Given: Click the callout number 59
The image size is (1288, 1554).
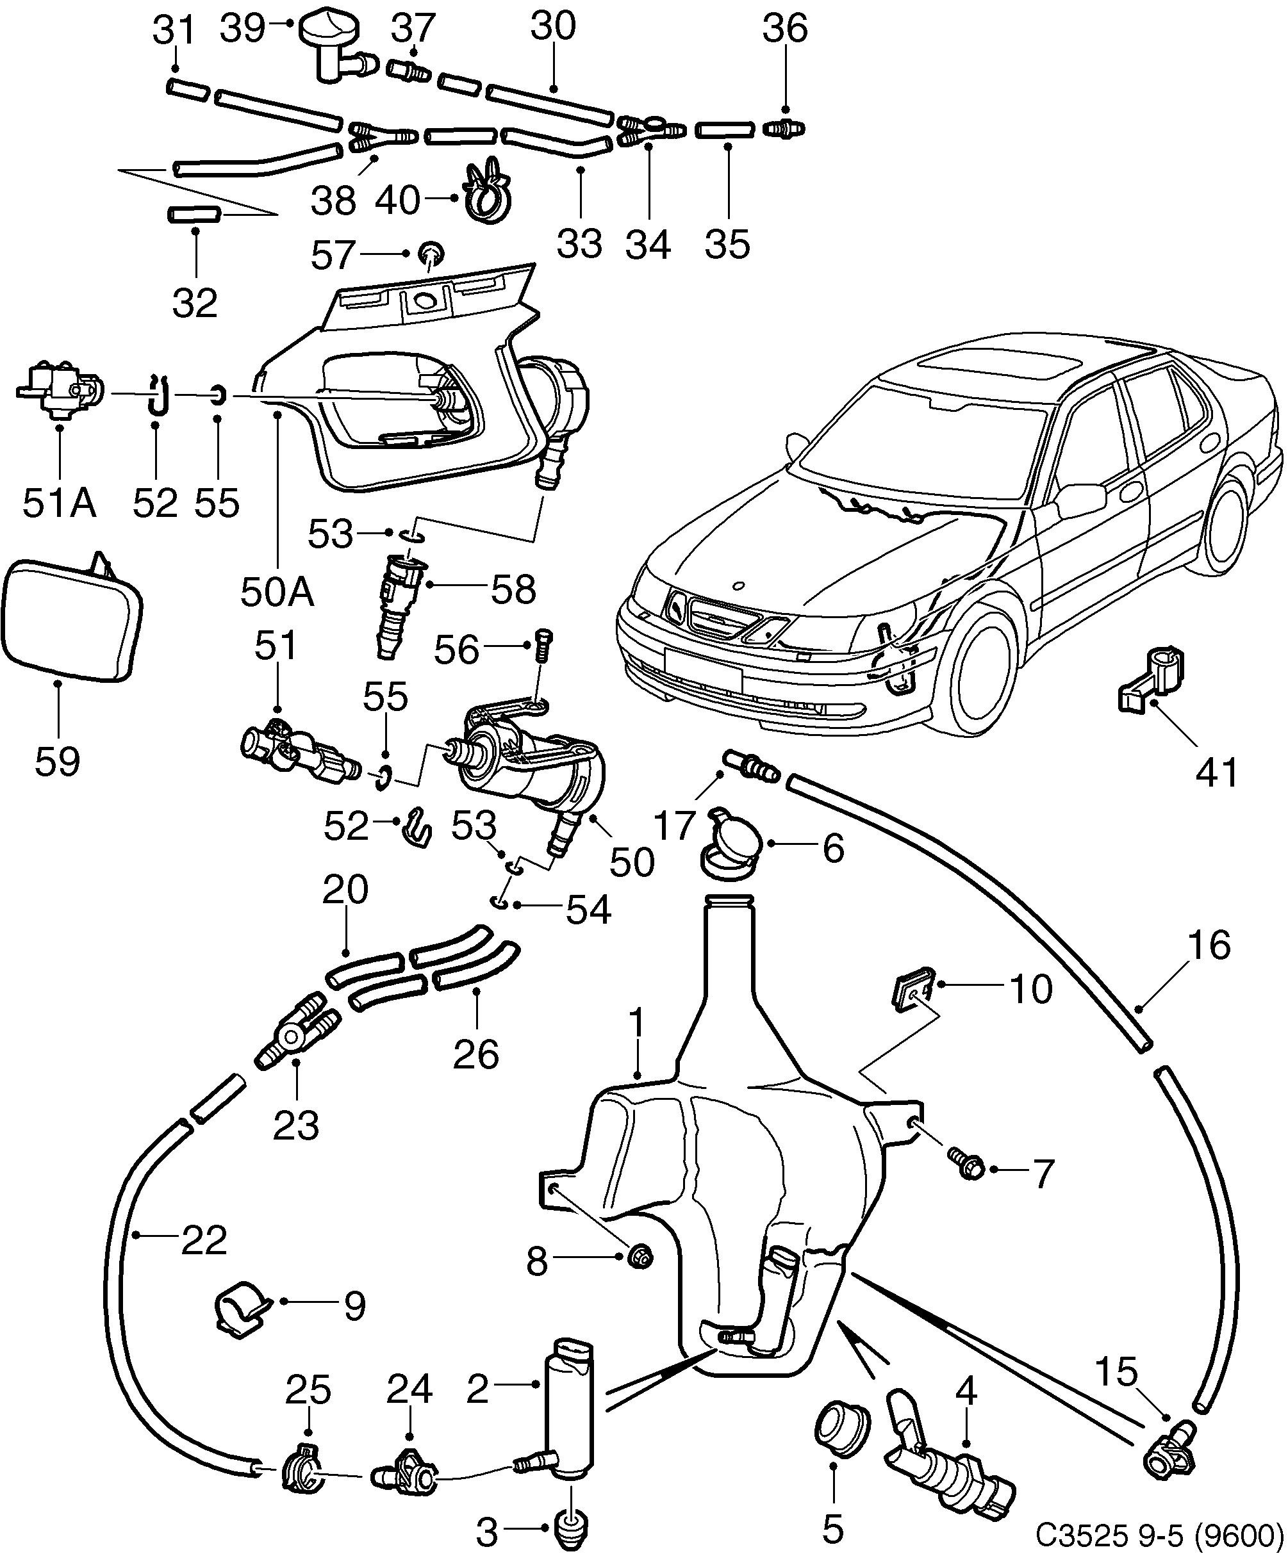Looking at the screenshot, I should click(57, 762).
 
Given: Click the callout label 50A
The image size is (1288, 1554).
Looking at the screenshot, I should click(277, 592).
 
